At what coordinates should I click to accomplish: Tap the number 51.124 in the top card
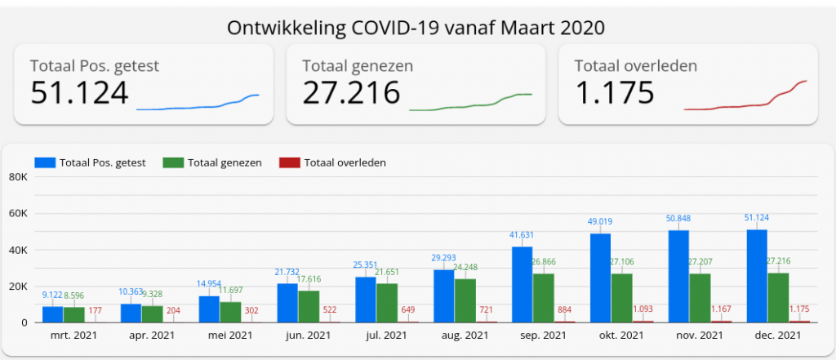tap(79, 93)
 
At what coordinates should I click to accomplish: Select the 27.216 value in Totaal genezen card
tap(351, 93)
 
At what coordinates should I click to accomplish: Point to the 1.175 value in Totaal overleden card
tap(615, 93)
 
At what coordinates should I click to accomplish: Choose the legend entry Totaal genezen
tap(225, 162)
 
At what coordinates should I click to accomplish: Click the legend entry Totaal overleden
tap(345, 162)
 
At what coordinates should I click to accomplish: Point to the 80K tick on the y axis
tap(18, 177)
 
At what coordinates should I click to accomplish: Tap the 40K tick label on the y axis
tap(18, 250)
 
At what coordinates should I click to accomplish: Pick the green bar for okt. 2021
tap(621, 297)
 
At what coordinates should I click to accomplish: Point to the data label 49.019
tap(600, 220)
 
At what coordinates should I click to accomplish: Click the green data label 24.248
tap(466, 267)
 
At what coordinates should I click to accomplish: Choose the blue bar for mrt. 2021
tap(52, 314)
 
